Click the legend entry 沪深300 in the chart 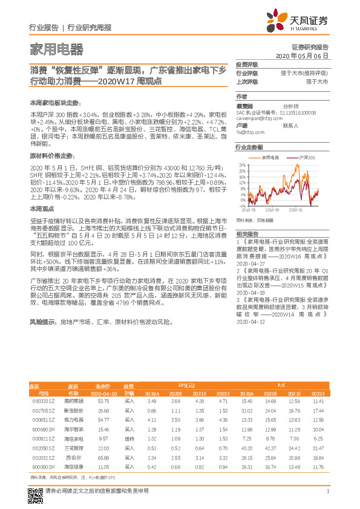[x=305, y=157]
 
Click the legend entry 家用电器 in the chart [x=270, y=157]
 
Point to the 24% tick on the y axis [x=242, y=164]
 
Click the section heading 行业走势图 [x=249, y=148]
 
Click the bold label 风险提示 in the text [x=41, y=324]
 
